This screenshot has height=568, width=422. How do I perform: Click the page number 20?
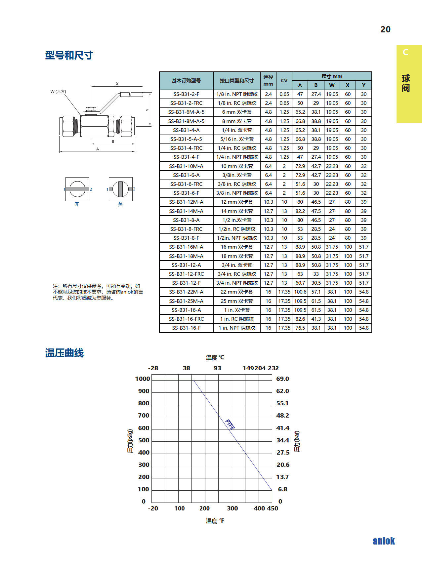pos(385,29)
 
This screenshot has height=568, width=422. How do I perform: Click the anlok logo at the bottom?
pos(383,541)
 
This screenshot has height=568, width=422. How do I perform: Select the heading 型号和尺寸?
pos(69,55)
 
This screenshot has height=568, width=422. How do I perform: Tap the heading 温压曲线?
pos(64,353)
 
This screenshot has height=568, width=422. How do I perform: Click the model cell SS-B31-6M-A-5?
pos(186,112)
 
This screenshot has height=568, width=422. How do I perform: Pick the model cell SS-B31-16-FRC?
pos(186,319)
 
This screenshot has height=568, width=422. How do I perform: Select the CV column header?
pos(284,81)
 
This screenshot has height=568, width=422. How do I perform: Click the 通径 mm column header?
pos(268,80)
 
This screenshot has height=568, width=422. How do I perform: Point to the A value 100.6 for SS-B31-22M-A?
pos(300,292)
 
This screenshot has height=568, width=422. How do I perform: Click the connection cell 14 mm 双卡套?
pos(237,211)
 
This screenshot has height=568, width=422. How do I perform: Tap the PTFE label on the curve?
pos(230,424)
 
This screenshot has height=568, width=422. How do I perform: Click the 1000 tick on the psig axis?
pos(143,379)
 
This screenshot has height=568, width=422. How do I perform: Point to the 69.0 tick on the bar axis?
pos(282,379)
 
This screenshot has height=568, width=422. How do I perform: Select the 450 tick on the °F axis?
pos(273,508)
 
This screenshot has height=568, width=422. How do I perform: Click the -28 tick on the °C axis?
pos(153,368)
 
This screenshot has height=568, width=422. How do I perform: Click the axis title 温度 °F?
pos(215,521)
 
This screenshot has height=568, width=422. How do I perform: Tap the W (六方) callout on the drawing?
pos(58,92)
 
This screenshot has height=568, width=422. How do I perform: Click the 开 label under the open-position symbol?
pos(77,204)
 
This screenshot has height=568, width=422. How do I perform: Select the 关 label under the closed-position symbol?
pos(120,205)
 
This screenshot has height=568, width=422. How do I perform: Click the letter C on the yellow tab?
pos(405,52)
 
